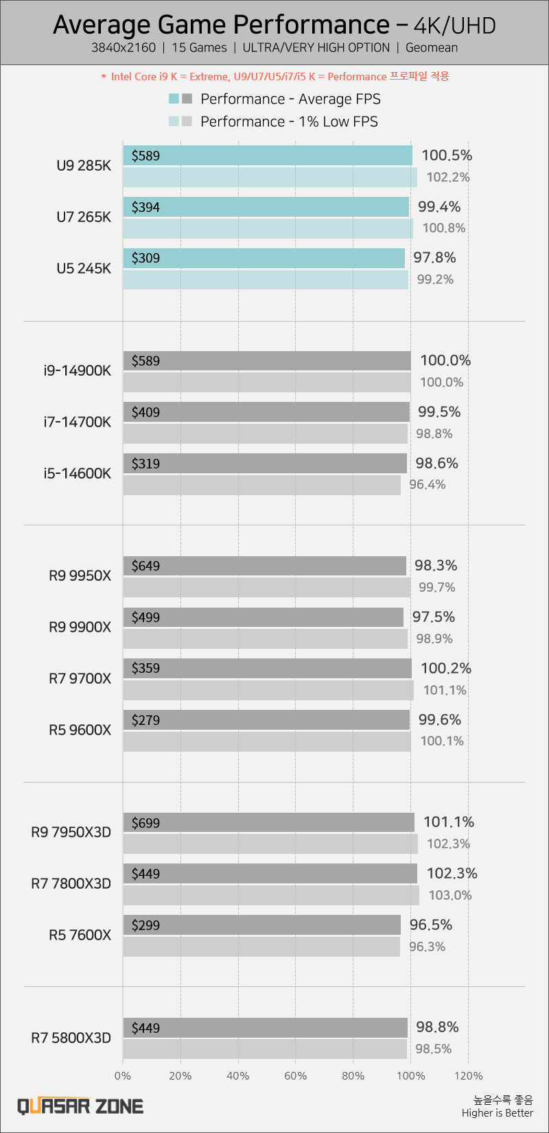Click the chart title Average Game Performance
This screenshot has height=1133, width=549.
pyautogui.click(x=221, y=25)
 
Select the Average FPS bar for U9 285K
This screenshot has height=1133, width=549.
pyautogui.click(x=268, y=156)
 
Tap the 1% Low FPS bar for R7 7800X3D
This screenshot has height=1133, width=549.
pyautogui.click(x=271, y=895)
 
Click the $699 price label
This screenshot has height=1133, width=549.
pyautogui.click(x=145, y=822)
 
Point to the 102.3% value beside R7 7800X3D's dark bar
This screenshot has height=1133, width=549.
pyautogui.click(x=452, y=873)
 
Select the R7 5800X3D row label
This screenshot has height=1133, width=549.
pyautogui.click(x=71, y=1038)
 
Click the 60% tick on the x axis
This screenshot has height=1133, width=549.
pyautogui.click(x=296, y=1075)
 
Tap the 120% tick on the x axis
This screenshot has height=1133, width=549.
pyautogui.click(x=469, y=1075)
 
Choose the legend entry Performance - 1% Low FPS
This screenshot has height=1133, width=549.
pyautogui.click(x=289, y=121)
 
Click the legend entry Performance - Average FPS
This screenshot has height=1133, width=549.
pyautogui.click(x=290, y=99)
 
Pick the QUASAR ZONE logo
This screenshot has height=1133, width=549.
pyautogui.click(x=80, y=1106)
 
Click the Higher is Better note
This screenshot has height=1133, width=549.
pyautogui.click(x=498, y=1112)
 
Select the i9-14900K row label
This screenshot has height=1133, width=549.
pyautogui.click(x=76, y=371)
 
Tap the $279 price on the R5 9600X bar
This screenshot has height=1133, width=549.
pyautogui.click(x=145, y=720)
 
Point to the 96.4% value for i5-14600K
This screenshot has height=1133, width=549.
pyautogui.click(x=428, y=484)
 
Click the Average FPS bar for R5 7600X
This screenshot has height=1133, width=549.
pyautogui.click(x=261, y=925)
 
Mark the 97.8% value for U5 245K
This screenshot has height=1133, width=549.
pyautogui.click(x=434, y=257)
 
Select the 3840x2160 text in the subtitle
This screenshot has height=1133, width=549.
pyautogui.click(x=124, y=48)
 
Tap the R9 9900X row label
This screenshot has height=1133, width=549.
pyautogui.click(x=80, y=627)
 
